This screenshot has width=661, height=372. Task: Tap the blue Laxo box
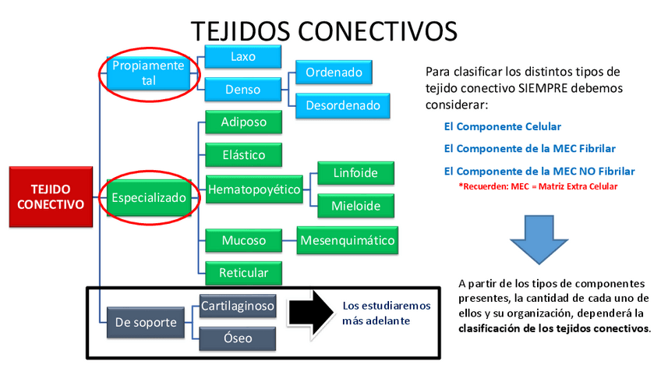(x=243, y=58)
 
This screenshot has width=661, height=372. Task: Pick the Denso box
(x=243, y=90)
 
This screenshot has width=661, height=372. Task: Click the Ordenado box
(x=334, y=73)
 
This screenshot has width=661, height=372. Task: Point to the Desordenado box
(x=342, y=105)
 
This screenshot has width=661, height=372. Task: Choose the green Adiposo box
(x=243, y=122)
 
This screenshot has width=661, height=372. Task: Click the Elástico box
(x=243, y=154)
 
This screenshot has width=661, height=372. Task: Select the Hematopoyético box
(x=255, y=190)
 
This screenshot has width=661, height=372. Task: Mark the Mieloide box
(x=356, y=206)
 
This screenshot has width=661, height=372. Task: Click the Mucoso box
(x=243, y=240)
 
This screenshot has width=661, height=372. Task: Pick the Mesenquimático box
(x=348, y=240)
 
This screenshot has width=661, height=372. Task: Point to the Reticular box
(x=243, y=272)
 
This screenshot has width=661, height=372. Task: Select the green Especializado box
(x=149, y=198)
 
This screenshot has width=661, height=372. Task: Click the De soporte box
(x=146, y=322)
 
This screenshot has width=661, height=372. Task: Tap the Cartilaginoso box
(x=238, y=306)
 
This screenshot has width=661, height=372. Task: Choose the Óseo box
(x=238, y=338)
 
